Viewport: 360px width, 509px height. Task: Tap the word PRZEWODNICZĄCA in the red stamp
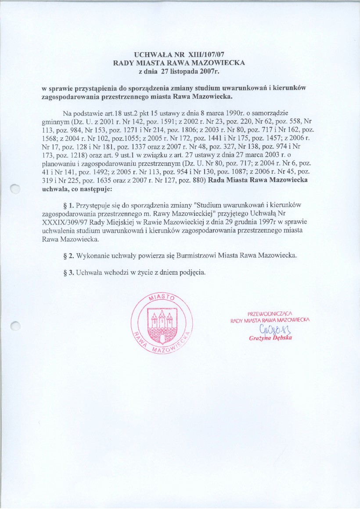[x=270, y=314]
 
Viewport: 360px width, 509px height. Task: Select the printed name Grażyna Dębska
[x=270, y=338]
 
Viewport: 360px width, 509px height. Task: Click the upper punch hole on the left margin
[x=15, y=189]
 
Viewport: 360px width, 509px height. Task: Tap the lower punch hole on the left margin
[x=15, y=326]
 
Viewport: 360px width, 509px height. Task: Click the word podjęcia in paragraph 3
[x=191, y=272]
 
